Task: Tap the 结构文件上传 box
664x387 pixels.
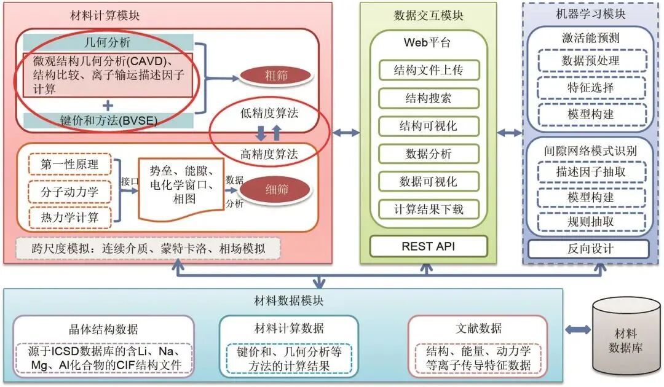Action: [x=428, y=70]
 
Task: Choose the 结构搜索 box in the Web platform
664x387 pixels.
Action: [x=428, y=98]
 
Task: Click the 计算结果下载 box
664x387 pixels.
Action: [x=428, y=209]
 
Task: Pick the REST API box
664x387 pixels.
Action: [x=428, y=246]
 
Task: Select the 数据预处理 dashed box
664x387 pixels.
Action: [x=590, y=61]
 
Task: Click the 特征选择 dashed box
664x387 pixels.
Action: [x=590, y=87]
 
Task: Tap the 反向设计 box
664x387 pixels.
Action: [x=590, y=249]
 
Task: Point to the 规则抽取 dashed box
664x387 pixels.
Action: [x=590, y=222]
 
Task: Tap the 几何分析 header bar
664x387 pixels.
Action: [x=108, y=42]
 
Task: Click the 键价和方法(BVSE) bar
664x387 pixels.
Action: [x=108, y=120]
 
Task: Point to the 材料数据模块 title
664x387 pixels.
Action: [x=288, y=301]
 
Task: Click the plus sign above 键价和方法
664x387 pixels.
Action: [x=108, y=105]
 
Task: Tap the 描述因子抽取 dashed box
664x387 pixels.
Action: [x=590, y=172]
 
